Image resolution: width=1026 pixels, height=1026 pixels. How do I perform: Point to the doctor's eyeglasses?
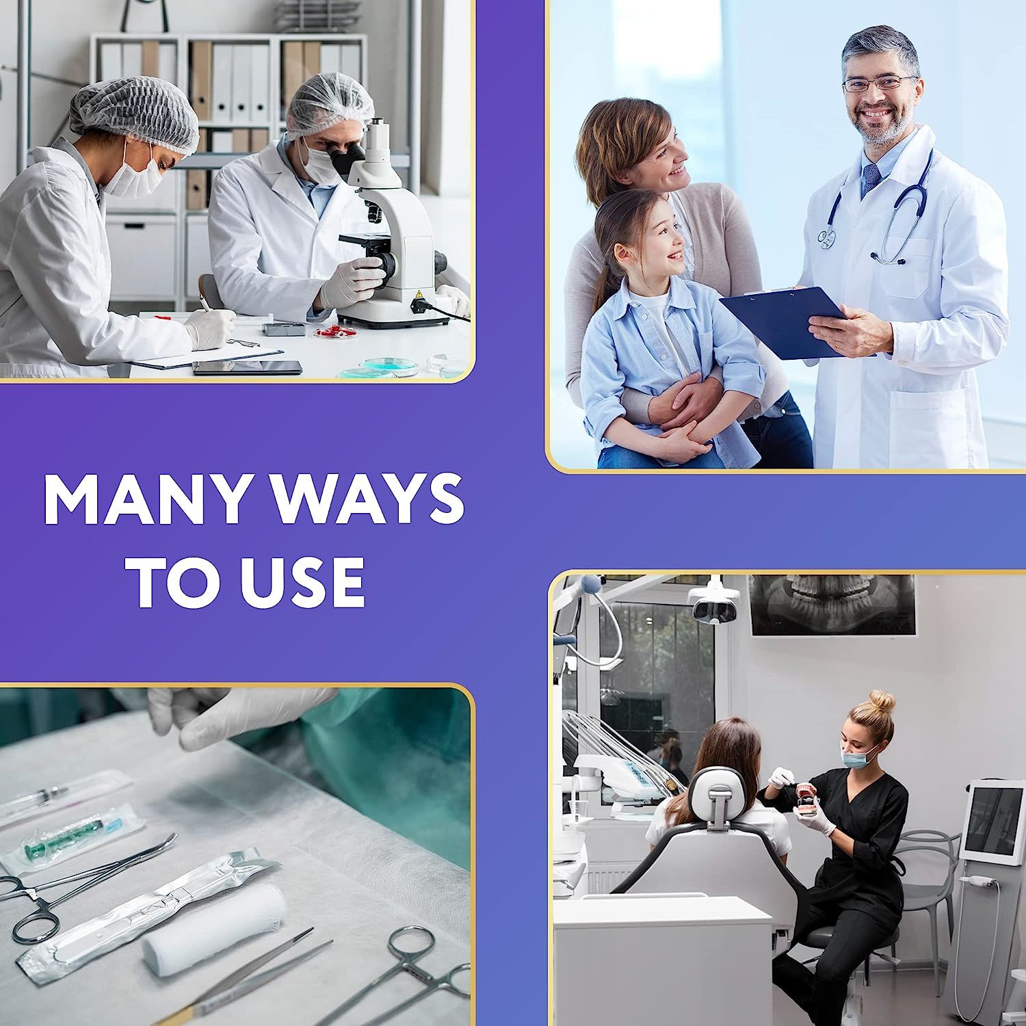click(x=878, y=84)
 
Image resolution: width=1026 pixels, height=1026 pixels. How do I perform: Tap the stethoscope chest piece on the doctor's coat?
click(x=827, y=237)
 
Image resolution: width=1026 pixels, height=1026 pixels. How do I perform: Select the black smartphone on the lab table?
click(x=247, y=367)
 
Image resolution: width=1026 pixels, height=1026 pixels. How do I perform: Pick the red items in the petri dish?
click(x=337, y=332)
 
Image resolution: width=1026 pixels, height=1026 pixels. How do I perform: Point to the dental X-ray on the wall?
click(x=832, y=605)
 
